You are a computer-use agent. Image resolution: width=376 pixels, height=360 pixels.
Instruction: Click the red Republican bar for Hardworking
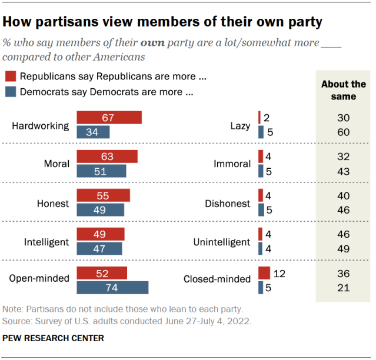pos(109,118)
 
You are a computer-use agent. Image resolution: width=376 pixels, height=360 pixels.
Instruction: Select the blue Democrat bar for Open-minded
pos(112,287)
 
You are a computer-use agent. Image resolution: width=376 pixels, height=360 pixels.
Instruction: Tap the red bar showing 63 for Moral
pos(107,156)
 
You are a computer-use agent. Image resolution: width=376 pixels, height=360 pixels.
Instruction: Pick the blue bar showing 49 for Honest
pos(101,210)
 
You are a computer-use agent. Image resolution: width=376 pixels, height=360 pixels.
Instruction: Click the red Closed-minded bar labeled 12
pos(264,274)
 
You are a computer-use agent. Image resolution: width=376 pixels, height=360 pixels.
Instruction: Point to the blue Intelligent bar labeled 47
pos(100,249)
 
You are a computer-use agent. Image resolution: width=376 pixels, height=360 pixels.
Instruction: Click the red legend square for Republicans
pos(10,76)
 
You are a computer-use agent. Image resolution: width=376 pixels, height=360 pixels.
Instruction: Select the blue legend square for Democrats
pos(10,92)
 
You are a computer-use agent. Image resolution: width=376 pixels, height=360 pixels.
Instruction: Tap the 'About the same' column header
pos(343,90)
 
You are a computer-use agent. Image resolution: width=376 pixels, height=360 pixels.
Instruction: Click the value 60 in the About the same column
pos(343,132)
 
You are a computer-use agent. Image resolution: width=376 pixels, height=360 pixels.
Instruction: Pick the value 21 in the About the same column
pos(343,288)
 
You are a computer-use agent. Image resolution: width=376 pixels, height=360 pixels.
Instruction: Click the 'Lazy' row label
pos(240,126)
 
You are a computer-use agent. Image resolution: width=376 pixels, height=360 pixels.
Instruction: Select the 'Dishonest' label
pos(228,204)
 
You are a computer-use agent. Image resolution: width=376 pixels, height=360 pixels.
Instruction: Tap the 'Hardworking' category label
pos(41,126)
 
